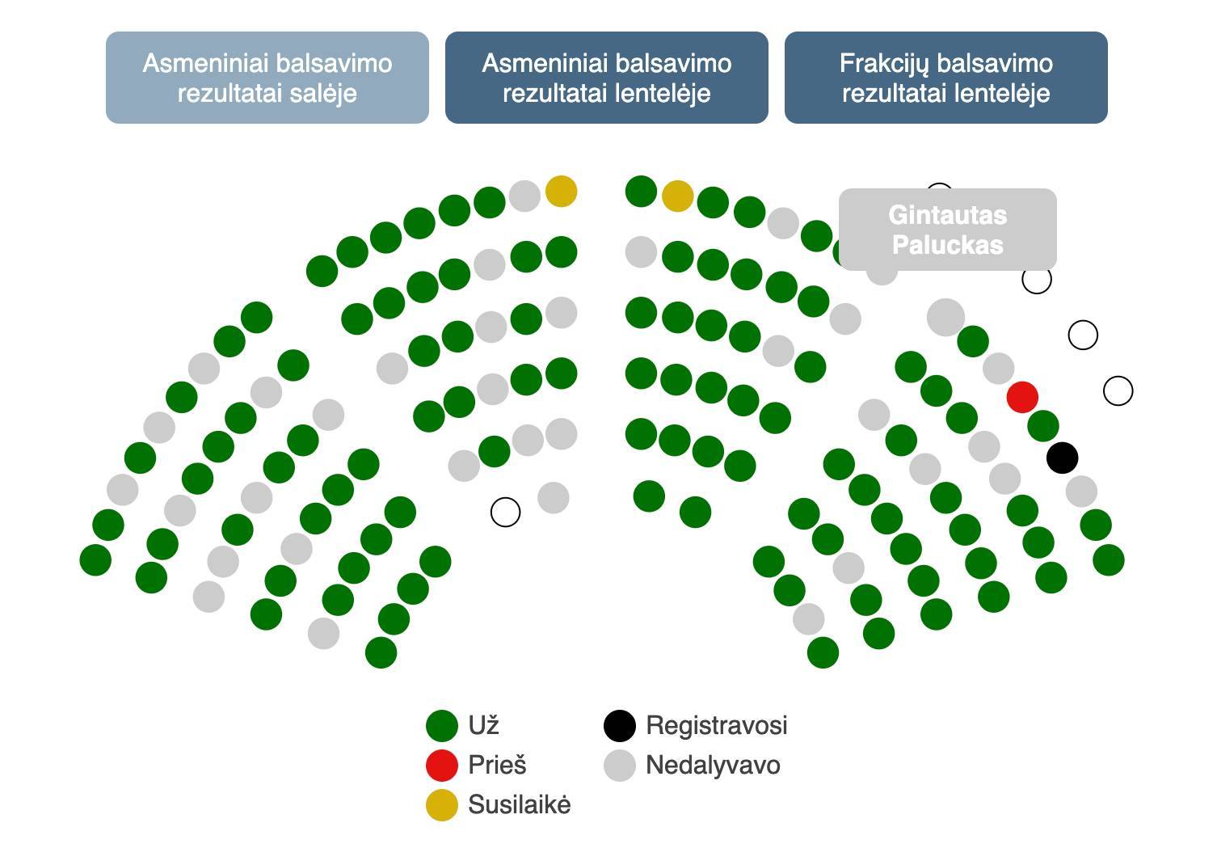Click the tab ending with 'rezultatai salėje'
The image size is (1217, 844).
point(267,78)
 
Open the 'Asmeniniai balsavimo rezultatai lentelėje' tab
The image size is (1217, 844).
point(606,78)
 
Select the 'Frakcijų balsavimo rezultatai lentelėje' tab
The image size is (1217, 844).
point(945,78)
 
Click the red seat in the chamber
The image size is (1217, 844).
point(1022,397)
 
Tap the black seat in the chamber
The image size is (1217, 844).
point(1062,458)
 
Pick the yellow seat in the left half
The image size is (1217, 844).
point(561,192)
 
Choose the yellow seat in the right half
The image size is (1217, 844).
point(677,196)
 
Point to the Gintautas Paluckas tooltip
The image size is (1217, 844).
point(947,230)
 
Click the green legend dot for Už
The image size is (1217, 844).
point(442,726)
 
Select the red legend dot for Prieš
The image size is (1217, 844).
point(442,765)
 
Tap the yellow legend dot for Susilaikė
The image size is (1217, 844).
point(442,805)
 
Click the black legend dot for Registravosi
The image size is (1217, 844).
point(620,726)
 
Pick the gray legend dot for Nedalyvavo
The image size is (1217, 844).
point(620,765)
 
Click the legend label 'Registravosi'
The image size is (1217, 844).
point(716,726)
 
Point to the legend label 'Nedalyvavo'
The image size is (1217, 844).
point(713,765)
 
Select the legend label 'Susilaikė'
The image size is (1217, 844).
point(519,805)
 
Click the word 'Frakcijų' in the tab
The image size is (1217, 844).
point(886,63)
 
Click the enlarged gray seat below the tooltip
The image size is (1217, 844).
point(945,317)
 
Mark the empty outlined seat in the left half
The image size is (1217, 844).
point(506,512)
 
